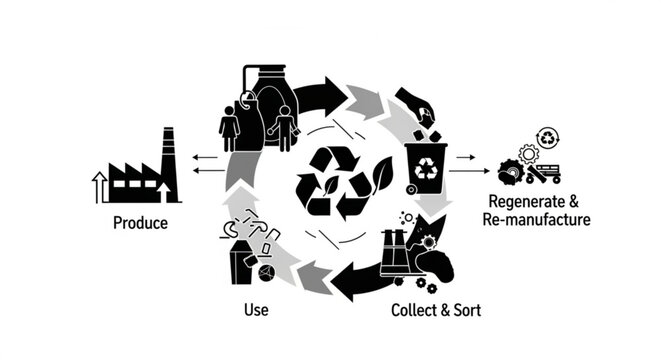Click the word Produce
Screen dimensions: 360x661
[140, 222]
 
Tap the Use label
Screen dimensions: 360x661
[256, 310]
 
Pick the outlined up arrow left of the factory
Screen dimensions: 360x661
[99, 186]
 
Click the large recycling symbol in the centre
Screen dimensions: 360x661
[334, 182]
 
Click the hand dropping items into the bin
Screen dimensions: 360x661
[414, 103]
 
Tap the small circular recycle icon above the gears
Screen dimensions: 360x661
[548, 136]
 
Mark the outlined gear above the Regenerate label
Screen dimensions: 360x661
[530, 153]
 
